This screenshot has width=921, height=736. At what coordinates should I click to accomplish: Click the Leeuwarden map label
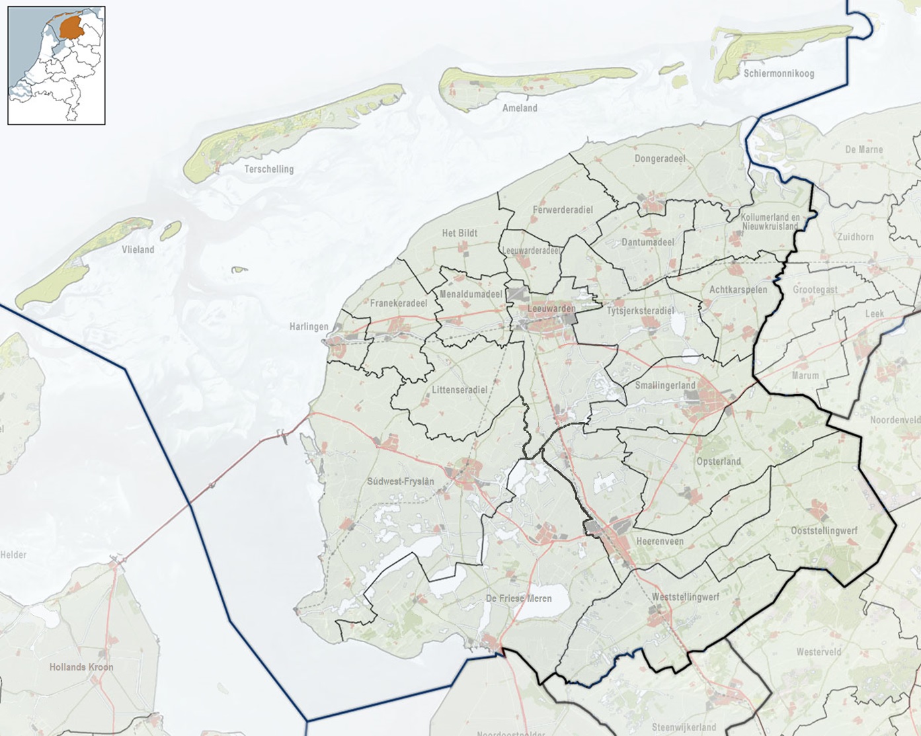pos(551,309)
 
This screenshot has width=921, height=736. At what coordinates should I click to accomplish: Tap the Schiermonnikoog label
pos(778,73)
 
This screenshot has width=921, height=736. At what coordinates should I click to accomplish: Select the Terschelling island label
pos(268,169)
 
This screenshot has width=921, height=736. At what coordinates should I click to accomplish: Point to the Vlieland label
pos(138,250)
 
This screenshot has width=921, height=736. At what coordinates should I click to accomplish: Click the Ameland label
pos(520,108)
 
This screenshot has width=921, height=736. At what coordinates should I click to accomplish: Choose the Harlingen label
pos(309,327)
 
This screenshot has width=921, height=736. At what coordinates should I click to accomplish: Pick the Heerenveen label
pos(659,541)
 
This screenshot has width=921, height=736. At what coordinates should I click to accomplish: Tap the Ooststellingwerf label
pos(824,531)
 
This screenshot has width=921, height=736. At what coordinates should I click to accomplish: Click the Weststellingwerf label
pos(685,597)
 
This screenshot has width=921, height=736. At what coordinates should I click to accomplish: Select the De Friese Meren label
pos(518,598)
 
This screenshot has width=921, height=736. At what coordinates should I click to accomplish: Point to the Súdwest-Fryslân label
pos(401,481)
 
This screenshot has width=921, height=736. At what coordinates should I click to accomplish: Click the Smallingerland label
pos(665,386)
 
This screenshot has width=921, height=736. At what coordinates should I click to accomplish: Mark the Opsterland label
pos(718,462)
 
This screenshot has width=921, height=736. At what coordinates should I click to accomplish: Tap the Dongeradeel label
pos(659,159)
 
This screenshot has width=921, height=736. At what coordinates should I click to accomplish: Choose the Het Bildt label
pos(460,233)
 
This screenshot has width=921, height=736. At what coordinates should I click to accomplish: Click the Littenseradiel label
pos(460,390)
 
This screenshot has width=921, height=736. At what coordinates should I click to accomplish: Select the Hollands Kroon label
pos(81,667)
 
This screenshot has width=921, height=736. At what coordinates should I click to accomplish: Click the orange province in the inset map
pos(70,28)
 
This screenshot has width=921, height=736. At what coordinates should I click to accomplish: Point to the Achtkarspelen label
pos(738,290)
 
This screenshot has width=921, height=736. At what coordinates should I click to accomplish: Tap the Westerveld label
pos(819,652)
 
